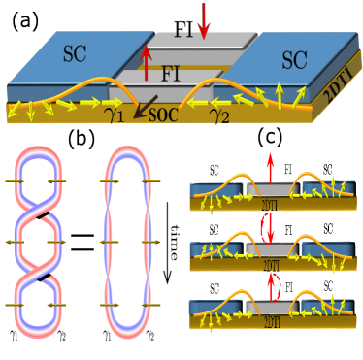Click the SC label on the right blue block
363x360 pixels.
(294, 60)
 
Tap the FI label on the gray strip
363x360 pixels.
(171, 73)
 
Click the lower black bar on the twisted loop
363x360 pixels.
(42, 280)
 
